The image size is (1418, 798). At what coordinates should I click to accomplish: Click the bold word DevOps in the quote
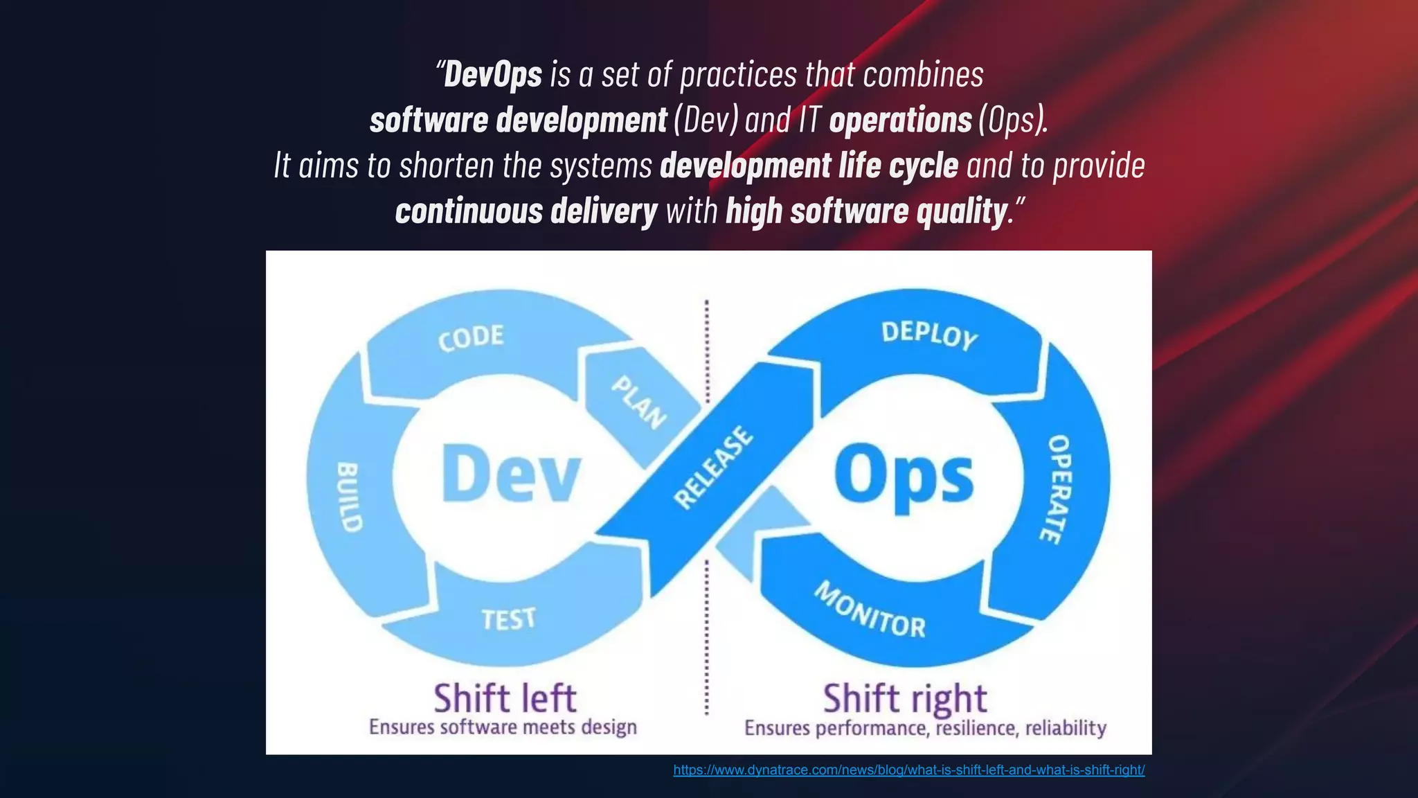coord(492,75)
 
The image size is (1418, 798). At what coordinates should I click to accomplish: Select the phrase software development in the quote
coord(518,121)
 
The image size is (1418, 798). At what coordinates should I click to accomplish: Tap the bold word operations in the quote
coord(900,121)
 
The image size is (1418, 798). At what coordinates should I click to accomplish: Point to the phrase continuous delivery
coord(526,211)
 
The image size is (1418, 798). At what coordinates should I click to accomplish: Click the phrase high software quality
coord(865,211)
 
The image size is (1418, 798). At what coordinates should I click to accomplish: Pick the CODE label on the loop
coord(471,338)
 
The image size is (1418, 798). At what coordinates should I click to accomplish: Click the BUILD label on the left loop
coord(349,497)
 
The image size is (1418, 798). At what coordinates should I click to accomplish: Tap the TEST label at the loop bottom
coord(509,619)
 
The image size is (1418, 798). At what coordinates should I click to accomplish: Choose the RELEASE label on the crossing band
coord(713,468)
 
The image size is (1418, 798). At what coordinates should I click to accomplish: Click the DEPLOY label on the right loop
coord(929,335)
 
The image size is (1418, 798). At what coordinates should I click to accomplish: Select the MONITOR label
coord(870,610)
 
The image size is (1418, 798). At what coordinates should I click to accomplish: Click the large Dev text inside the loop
coord(510,475)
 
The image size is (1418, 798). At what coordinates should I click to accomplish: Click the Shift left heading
coord(505,698)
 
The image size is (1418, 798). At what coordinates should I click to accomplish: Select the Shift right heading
coord(904,698)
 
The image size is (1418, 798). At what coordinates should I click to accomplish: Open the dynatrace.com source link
coord(908,770)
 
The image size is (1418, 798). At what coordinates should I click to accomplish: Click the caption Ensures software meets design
coord(503,727)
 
